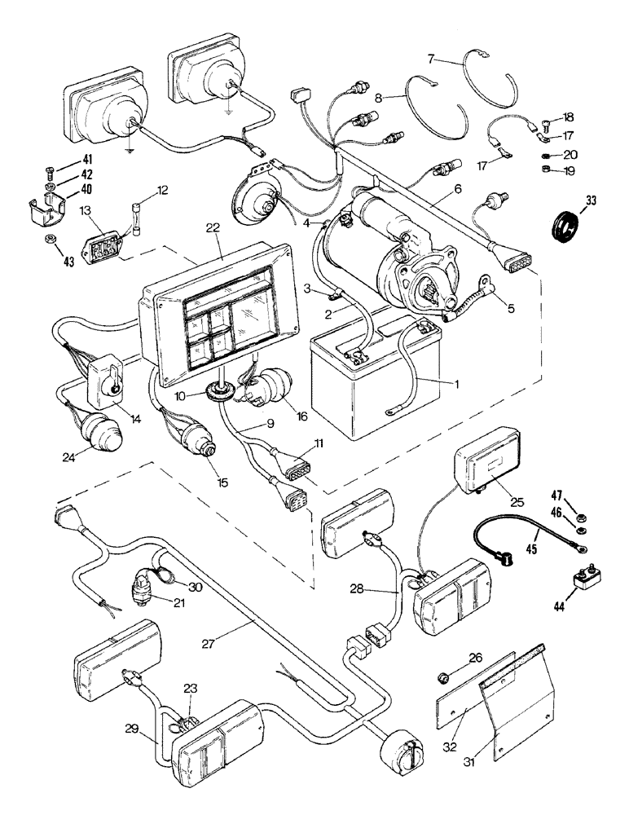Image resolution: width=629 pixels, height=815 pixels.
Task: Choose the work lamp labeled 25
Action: coord(488,464)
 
